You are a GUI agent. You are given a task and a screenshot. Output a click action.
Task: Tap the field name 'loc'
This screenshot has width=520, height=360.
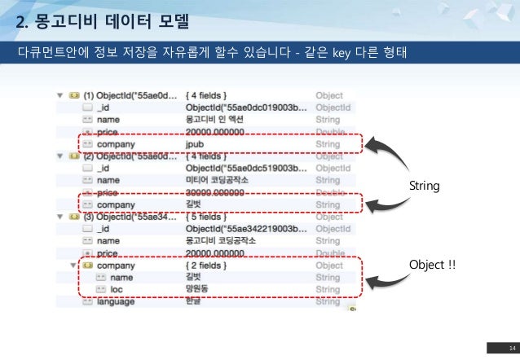click(117, 289)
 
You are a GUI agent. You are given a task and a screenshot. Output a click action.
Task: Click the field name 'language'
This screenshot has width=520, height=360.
click(116, 301)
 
